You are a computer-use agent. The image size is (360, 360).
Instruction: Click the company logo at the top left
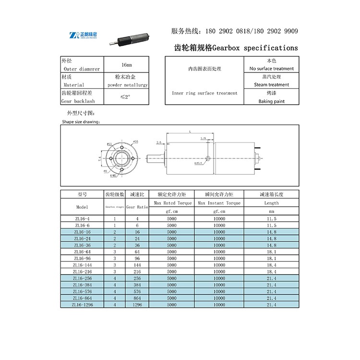point(83,35)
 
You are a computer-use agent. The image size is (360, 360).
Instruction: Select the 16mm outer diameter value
point(127,65)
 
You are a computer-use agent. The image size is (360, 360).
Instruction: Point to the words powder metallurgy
point(127,85)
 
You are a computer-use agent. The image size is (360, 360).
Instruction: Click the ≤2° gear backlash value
point(126,97)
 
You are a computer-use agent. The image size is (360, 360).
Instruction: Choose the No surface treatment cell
point(271,69)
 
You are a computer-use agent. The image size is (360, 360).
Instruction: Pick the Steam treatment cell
point(271,85)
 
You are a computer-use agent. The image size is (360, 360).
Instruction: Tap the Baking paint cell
point(271,101)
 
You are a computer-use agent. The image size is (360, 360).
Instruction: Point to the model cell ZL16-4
point(82,218)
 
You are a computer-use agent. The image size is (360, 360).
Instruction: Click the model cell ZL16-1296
point(82,305)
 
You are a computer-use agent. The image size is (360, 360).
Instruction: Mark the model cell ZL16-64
point(82,252)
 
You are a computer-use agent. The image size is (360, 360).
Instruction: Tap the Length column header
point(271,203)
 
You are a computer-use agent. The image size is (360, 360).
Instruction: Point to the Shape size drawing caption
point(80,122)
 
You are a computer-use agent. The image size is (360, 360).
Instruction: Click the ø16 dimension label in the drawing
point(135,142)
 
